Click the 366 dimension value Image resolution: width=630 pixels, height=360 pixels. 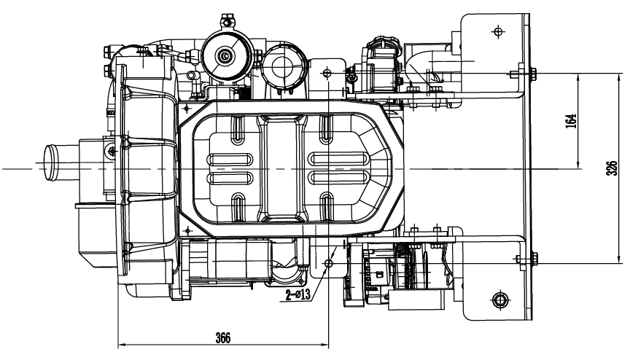[223, 337]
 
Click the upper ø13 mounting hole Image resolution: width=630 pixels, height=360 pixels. [327, 73]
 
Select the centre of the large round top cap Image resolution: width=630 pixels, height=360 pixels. [226, 55]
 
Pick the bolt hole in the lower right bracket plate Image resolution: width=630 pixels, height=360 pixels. [499, 299]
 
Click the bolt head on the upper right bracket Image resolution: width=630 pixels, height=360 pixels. [534, 73]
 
